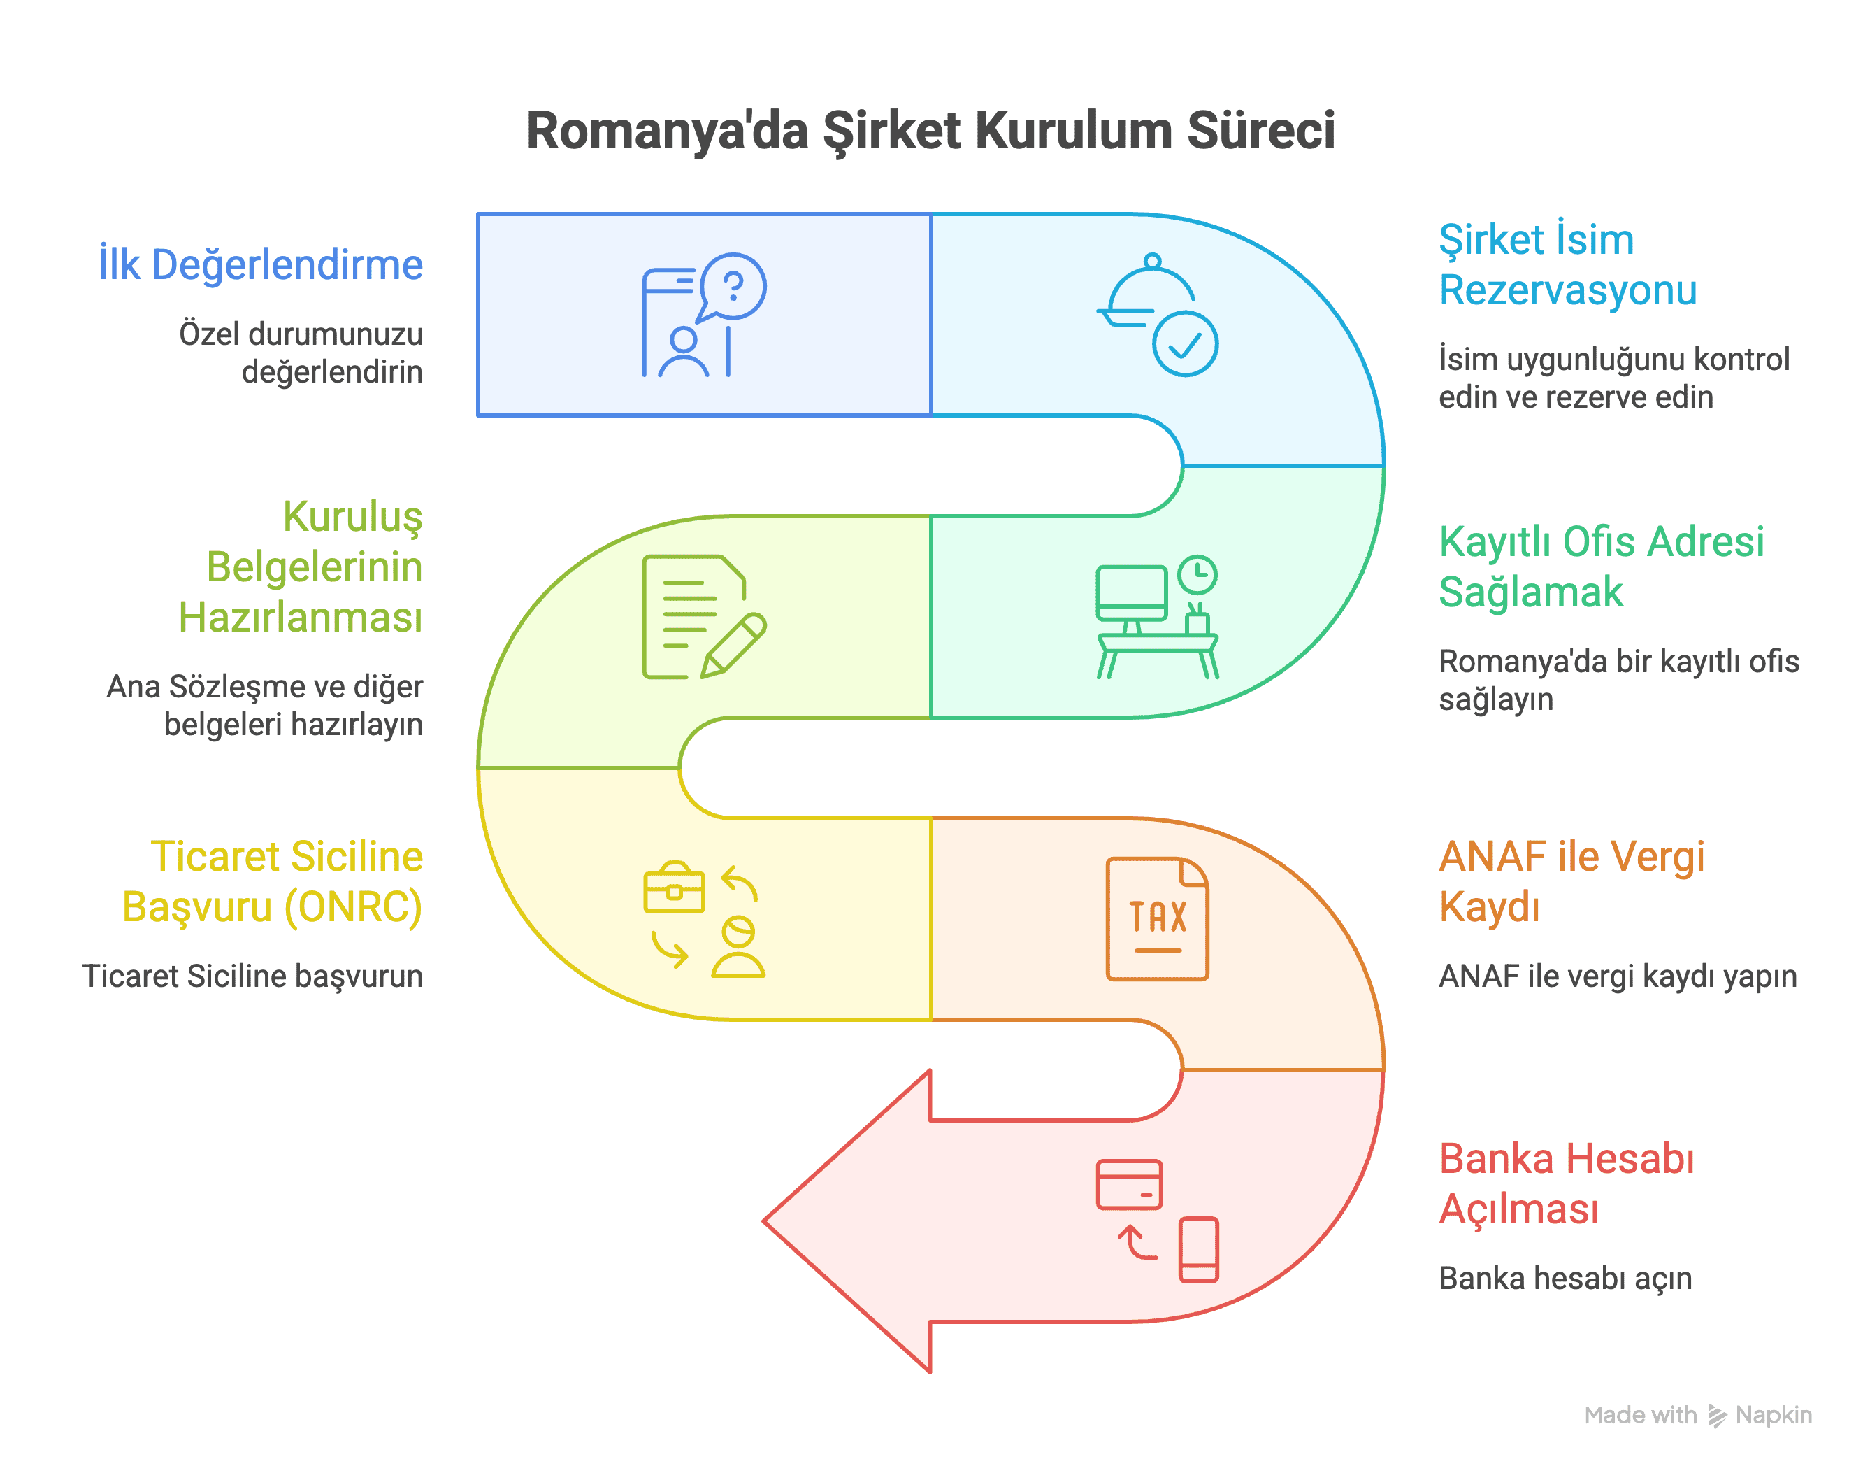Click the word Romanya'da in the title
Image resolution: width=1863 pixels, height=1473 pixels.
pos(668,132)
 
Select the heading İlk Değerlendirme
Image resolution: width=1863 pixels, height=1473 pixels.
pos(260,265)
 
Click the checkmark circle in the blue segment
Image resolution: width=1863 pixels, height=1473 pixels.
pos(1186,344)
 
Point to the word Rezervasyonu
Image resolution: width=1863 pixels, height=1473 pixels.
pos(1567,290)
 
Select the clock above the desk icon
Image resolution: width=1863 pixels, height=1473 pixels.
pos(1197,575)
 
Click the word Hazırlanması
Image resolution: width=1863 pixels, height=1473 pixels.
pos(300,618)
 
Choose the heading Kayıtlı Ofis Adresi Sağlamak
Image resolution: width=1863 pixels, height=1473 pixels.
pos(1601,567)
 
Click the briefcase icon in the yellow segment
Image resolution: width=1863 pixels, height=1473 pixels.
pos(674,888)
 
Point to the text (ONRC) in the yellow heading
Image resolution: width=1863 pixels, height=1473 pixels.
pos(354,907)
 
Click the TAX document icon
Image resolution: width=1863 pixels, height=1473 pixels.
pos(1157,918)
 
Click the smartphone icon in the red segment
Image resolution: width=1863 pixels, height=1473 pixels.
pos(1198,1250)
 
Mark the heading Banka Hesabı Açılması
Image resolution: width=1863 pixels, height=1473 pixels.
pos(1567,1183)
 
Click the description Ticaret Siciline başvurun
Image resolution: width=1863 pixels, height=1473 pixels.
pos(252,976)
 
